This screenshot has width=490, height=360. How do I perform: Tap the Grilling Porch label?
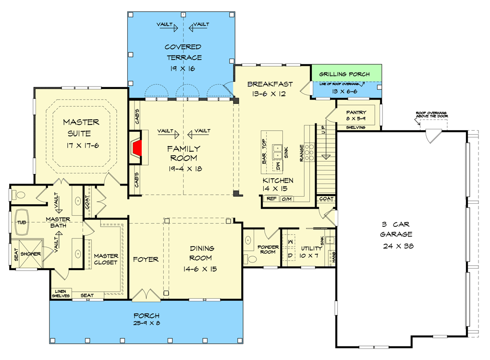pos(344,74)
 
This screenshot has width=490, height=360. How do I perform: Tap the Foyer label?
pos(146,260)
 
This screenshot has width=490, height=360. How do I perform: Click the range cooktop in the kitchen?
pos(310,152)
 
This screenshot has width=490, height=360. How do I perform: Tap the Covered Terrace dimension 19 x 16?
pos(183,69)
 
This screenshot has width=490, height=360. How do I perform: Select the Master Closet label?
pos(106,259)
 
